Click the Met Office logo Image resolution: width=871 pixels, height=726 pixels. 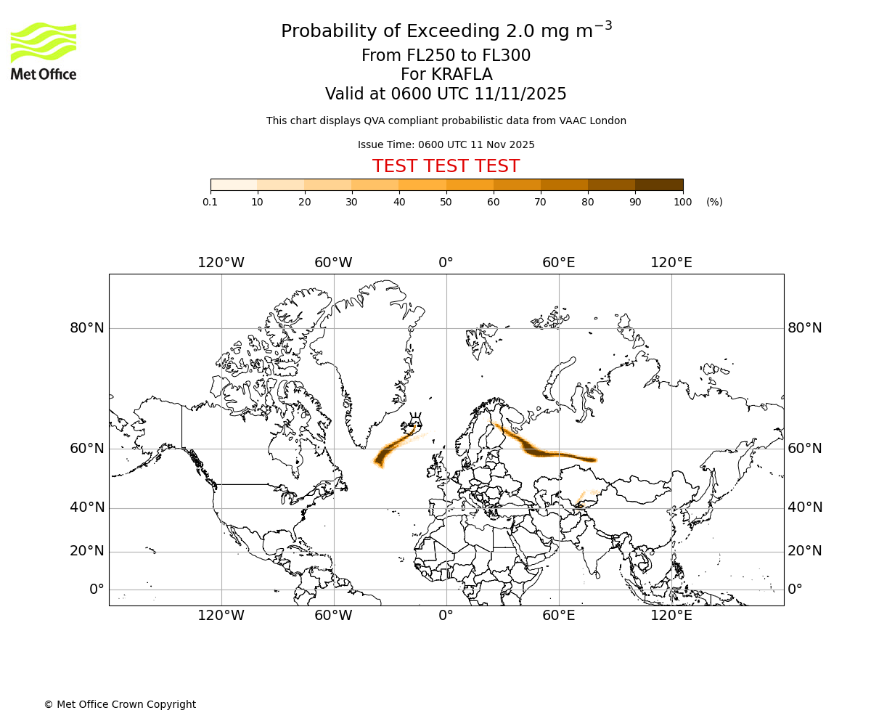pyautogui.click(x=44, y=51)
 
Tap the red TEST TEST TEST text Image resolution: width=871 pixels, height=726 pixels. pyautogui.click(x=446, y=166)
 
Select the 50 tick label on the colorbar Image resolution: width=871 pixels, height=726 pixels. pyautogui.click(x=446, y=202)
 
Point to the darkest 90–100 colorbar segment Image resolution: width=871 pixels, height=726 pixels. pyautogui.click(x=659, y=184)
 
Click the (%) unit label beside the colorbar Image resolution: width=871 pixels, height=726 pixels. pyautogui.click(x=714, y=202)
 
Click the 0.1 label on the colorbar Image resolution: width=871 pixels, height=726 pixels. pyautogui.click(x=210, y=202)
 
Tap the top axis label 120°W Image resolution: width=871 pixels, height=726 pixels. pyautogui.click(x=221, y=262)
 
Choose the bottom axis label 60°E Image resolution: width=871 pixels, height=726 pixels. pyautogui.click(x=558, y=616)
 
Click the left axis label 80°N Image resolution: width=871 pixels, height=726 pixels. pyautogui.click(x=87, y=327)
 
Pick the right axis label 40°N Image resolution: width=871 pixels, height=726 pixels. pyautogui.click(x=805, y=507)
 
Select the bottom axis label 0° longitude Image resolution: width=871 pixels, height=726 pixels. pyautogui.click(x=446, y=616)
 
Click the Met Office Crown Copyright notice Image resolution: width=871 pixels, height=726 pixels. pyautogui.click(x=120, y=704)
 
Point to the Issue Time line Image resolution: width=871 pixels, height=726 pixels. pyautogui.click(x=446, y=144)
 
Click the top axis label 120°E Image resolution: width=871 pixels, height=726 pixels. pyautogui.click(x=671, y=262)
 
